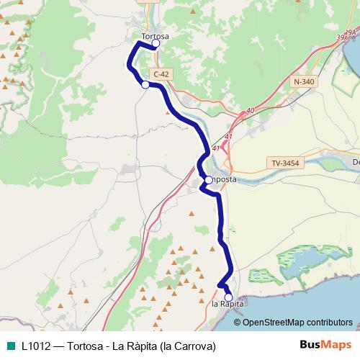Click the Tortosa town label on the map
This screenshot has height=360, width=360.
(x=156, y=35)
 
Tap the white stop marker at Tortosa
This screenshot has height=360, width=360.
(x=156, y=43)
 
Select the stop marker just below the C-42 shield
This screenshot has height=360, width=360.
(x=145, y=85)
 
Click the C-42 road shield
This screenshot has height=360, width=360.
(x=161, y=74)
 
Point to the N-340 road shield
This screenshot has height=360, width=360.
(x=305, y=82)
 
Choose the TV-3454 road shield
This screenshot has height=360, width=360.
(x=286, y=163)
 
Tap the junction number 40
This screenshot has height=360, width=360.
(x=250, y=110)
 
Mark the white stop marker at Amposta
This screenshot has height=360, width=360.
(x=207, y=179)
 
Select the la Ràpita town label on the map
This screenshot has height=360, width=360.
(x=228, y=305)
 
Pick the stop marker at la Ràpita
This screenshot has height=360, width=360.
(x=228, y=297)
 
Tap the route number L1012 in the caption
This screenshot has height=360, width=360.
(x=37, y=346)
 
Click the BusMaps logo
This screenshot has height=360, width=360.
(x=325, y=345)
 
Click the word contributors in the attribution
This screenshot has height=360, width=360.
(x=328, y=322)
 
